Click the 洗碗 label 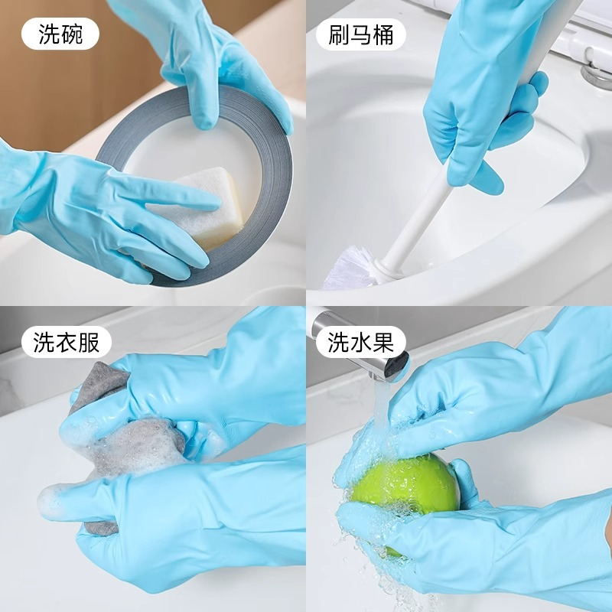(60, 34)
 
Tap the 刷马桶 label (360, 34)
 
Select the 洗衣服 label (67, 342)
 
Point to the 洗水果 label (361, 342)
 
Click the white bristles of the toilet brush (347, 269)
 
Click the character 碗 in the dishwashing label (73, 34)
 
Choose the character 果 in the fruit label (383, 342)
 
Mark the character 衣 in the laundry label (67, 342)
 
